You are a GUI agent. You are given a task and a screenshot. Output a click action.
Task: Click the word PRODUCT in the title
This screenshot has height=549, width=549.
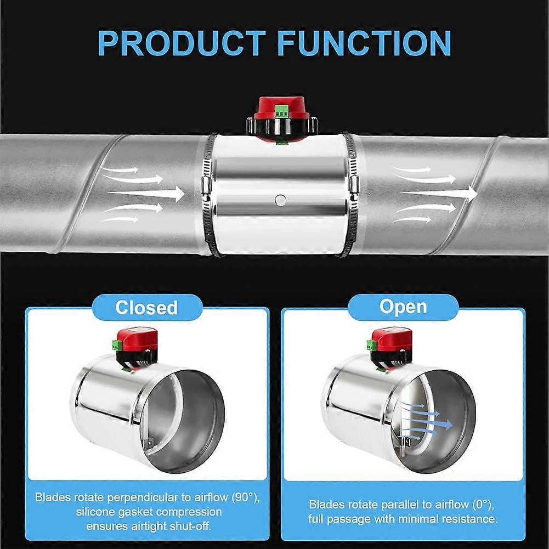pos(182,43)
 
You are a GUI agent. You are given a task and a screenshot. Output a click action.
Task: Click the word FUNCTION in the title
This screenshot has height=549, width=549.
pos(364,43)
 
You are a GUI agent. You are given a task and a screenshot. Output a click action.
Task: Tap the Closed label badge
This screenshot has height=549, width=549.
pos(148,308)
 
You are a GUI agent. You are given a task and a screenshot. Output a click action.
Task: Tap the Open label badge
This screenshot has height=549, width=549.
pos(403,307)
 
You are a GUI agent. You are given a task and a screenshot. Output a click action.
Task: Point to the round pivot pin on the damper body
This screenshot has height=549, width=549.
pos(280,200)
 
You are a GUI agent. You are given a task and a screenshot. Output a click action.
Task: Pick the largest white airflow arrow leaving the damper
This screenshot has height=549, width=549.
pos(439,193)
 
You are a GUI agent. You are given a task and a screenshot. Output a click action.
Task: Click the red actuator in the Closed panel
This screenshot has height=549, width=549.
pos(137,339)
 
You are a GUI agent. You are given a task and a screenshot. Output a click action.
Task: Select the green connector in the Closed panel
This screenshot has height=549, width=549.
pos(117,344)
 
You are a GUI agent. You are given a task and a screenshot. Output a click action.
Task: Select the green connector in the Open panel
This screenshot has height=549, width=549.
pos(371,345)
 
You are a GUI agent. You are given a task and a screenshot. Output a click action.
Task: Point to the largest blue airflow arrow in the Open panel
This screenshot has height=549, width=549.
pos(427,423)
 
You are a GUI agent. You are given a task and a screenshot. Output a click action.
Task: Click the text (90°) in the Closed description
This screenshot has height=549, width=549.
pos(246,497)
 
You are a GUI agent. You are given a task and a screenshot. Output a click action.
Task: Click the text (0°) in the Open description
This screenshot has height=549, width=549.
pos(483,504)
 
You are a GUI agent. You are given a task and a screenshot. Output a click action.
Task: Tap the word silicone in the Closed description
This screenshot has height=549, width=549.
pos(95,512)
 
